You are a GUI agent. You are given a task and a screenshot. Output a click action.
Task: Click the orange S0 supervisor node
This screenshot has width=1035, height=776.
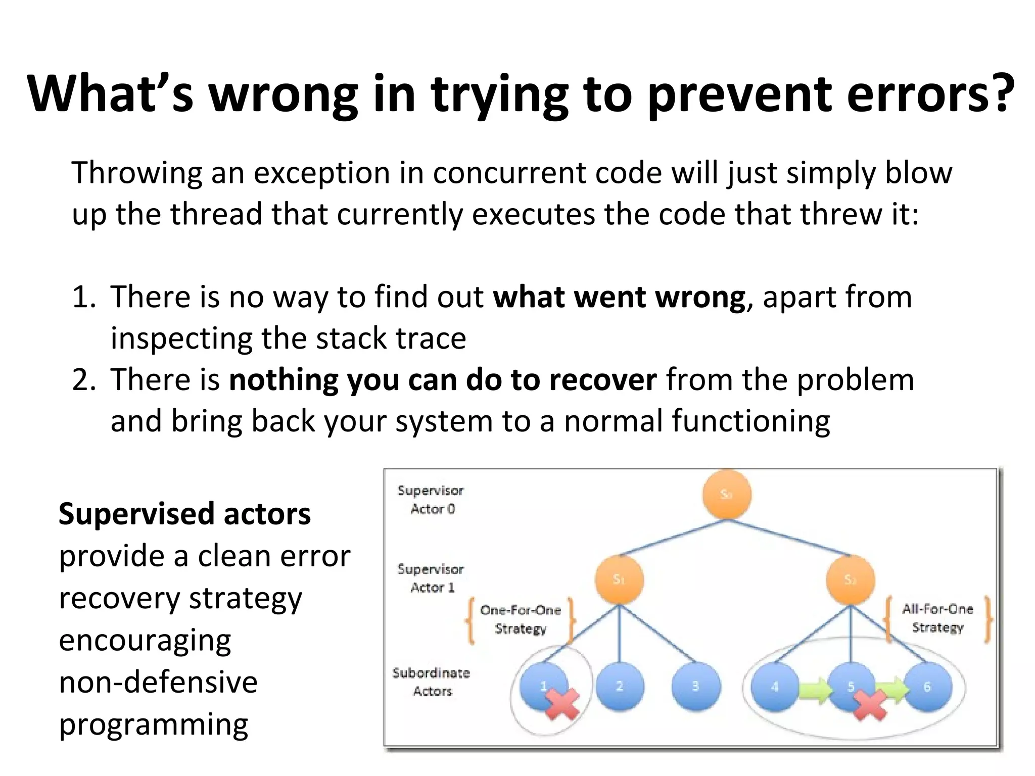pyautogui.click(x=726, y=495)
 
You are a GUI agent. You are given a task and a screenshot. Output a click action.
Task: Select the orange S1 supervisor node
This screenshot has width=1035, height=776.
pyautogui.click(x=619, y=579)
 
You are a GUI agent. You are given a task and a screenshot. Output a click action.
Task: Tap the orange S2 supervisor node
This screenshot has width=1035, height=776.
pyautogui.click(x=850, y=579)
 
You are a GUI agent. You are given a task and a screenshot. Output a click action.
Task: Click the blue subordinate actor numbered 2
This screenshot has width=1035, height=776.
pyautogui.click(x=620, y=687)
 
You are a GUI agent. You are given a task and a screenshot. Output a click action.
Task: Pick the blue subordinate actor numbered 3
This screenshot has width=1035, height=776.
pyautogui.click(x=696, y=687)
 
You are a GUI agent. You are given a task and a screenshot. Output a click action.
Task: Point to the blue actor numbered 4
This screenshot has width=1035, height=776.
pyautogui.click(x=774, y=687)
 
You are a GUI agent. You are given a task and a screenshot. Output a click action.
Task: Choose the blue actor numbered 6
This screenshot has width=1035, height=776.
pyautogui.click(x=927, y=687)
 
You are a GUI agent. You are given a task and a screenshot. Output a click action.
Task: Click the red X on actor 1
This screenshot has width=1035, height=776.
pyautogui.click(x=561, y=704)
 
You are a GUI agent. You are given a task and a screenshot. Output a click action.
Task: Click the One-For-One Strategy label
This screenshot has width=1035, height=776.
pyautogui.click(x=521, y=619)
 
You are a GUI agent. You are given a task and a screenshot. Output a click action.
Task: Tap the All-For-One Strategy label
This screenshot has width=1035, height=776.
pyautogui.click(x=937, y=618)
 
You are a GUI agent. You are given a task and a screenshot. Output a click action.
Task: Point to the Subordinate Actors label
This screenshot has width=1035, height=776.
pyautogui.click(x=431, y=682)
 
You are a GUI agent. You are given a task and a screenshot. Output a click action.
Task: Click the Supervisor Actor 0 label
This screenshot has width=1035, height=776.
pyautogui.click(x=431, y=500)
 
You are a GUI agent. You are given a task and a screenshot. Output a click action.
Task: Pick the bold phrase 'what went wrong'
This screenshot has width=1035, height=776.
pyautogui.click(x=619, y=297)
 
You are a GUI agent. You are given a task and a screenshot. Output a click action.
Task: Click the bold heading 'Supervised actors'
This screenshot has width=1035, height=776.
pyautogui.click(x=184, y=514)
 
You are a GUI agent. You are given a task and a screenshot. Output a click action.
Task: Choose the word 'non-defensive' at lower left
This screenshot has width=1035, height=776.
pyautogui.click(x=158, y=682)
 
